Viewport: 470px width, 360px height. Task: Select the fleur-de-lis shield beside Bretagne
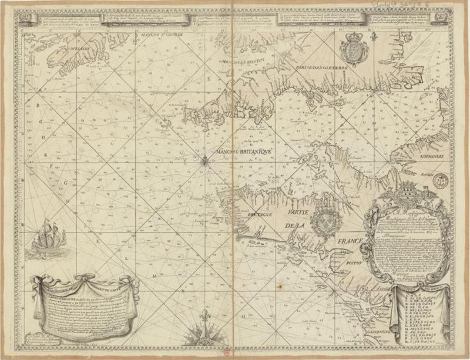[x=322, y=222]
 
